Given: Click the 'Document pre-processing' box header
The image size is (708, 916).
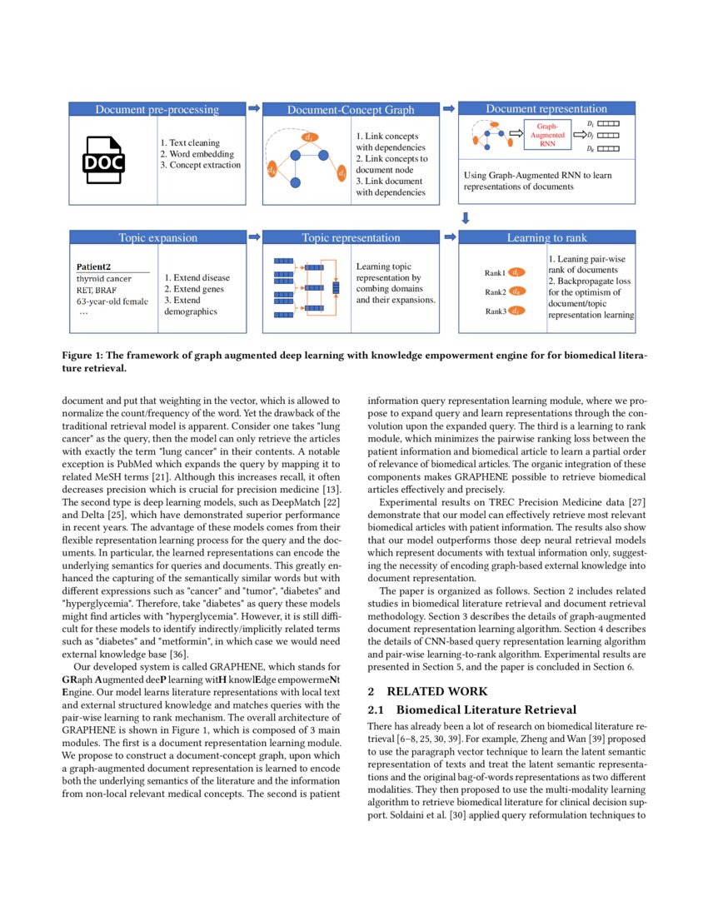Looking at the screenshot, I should click(157, 109).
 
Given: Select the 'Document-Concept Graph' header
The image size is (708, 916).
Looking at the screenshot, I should click(350, 109).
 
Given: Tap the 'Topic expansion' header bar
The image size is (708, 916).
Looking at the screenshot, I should click(157, 237).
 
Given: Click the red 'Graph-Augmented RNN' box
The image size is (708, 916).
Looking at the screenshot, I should click(547, 134).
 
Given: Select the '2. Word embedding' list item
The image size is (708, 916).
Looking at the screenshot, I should click(197, 153).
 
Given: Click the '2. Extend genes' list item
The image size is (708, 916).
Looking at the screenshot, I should click(194, 288).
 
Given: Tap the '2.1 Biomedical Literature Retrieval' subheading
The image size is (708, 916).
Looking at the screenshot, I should click(471, 709).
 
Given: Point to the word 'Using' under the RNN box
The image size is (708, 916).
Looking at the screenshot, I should click(475, 176).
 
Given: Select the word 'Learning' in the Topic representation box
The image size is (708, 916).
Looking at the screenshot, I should click(374, 266).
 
